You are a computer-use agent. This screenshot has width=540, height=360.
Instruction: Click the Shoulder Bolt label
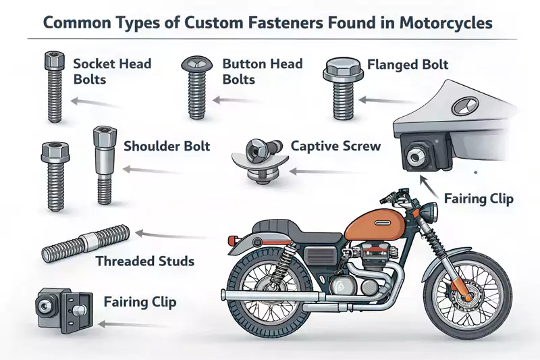coord(167,146)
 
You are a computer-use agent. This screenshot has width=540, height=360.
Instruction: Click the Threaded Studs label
coord(144,261)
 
